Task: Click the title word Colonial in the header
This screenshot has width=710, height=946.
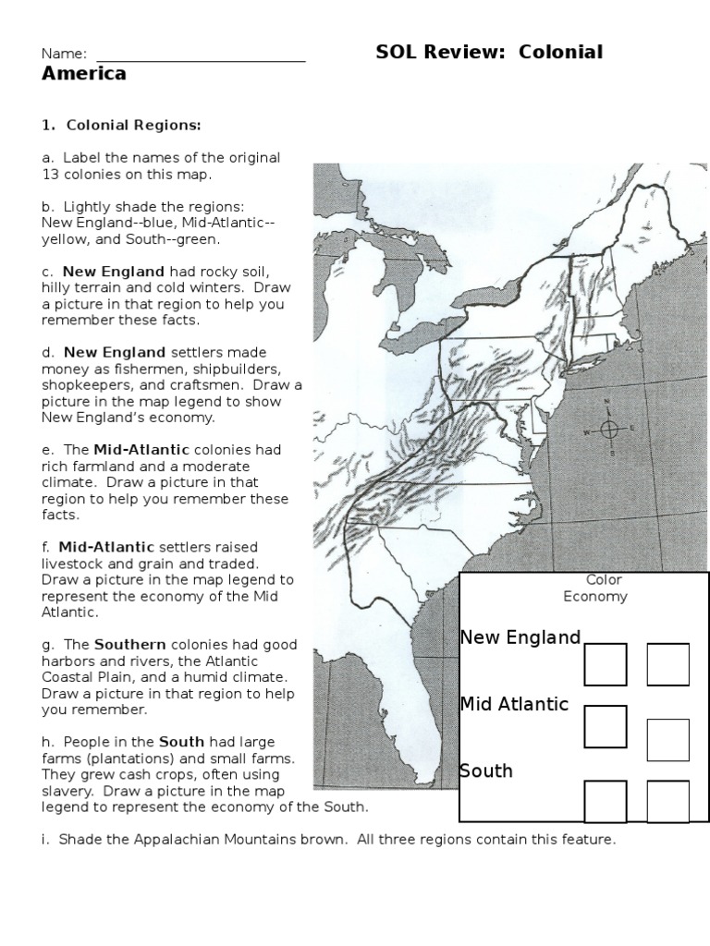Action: point(560,53)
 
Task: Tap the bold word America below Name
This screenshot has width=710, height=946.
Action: point(84,75)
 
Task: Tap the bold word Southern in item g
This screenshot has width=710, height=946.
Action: point(130,644)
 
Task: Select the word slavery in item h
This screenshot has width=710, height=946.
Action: point(64,792)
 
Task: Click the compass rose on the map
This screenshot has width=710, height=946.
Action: point(608,428)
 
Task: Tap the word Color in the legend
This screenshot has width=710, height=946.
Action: point(604,580)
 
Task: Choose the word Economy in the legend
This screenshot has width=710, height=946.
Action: point(595,597)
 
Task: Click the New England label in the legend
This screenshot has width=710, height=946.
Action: point(520,637)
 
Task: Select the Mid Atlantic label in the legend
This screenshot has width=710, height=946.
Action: point(514,704)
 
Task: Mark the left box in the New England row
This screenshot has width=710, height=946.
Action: point(606,664)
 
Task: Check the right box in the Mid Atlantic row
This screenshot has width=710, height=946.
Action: point(667,740)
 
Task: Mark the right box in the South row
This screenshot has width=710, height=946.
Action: point(667,801)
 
